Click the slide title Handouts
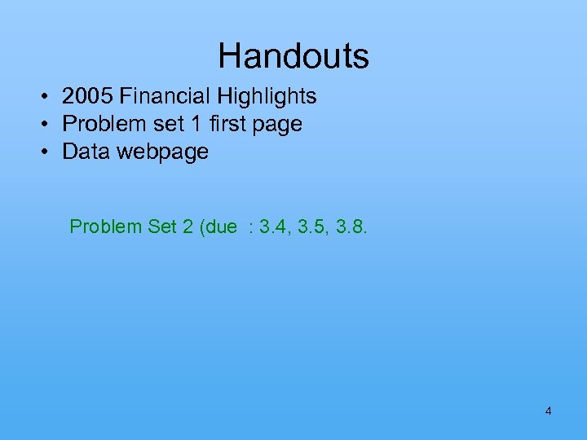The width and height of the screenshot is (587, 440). pos(293,56)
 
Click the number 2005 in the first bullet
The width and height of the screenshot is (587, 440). pos(87,96)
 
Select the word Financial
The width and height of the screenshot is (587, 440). pos(164,96)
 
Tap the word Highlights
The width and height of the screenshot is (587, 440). pos(266,96)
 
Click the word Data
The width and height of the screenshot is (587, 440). pos(84,152)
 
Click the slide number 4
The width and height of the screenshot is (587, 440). pos(548,411)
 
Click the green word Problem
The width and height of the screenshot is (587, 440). pos(105,226)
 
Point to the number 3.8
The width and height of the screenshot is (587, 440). pos(351,226)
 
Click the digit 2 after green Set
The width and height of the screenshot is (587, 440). pos(184,226)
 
